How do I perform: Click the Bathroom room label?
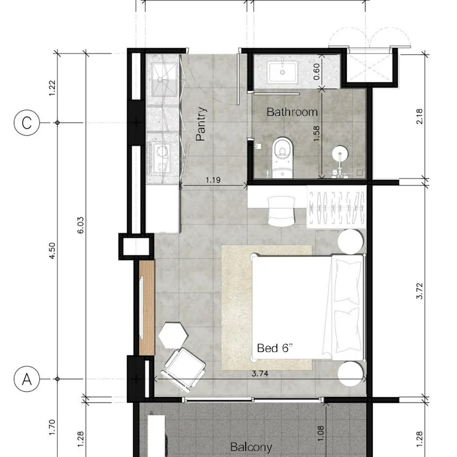tap(292, 112)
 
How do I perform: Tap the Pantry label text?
tap(201, 124)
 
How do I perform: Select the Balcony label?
tap(251, 447)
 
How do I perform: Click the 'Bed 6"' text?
tap(275, 348)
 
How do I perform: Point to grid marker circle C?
tap(26, 123)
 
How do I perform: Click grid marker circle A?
tap(26, 379)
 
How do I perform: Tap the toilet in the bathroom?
tap(282, 157)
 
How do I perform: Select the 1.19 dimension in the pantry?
tap(213, 180)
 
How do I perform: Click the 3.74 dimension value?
tap(259, 373)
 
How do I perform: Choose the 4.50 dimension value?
tap(52, 251)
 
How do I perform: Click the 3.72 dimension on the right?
tap(419, 291)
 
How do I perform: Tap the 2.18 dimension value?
tap(419, 116)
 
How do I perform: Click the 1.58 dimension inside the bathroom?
tap(316, 134)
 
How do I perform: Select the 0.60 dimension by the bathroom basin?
tap(316, 72)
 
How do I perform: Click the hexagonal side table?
tap(174, 335)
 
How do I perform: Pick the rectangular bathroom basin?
tap(283, 71)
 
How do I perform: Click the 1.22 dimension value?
tap(52, 88)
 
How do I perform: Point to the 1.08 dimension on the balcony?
tap(320, 434)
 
